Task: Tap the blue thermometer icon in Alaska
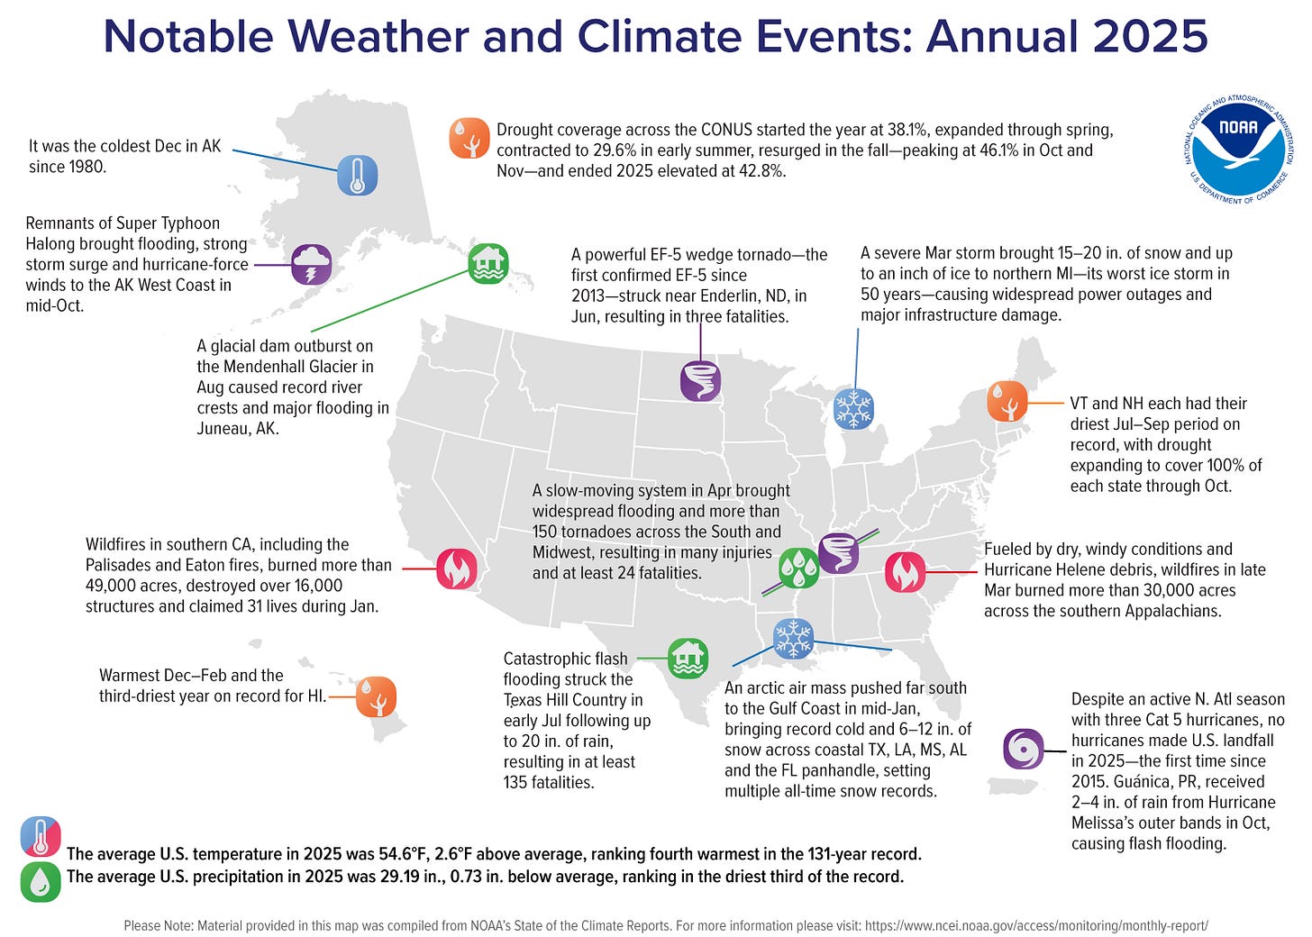tap(357, 175)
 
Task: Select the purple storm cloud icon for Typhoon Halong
tap(312, 265)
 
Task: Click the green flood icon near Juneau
tap(488, 264)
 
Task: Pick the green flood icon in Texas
tap(688, 659)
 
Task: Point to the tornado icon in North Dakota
tap(700, 380)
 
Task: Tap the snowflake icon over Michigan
tap(853, 408)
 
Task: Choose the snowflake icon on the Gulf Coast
tap(793, 638)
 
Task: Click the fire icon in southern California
tap(457, 569)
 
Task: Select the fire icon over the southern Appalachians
tap(905, 571)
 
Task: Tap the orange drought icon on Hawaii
tap(376, 696)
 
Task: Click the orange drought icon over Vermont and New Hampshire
tap(1007, 401)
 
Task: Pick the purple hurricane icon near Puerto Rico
tap(1024, 749)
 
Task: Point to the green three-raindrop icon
tap(798, 567)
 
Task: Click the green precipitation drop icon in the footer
tap(41, 882)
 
